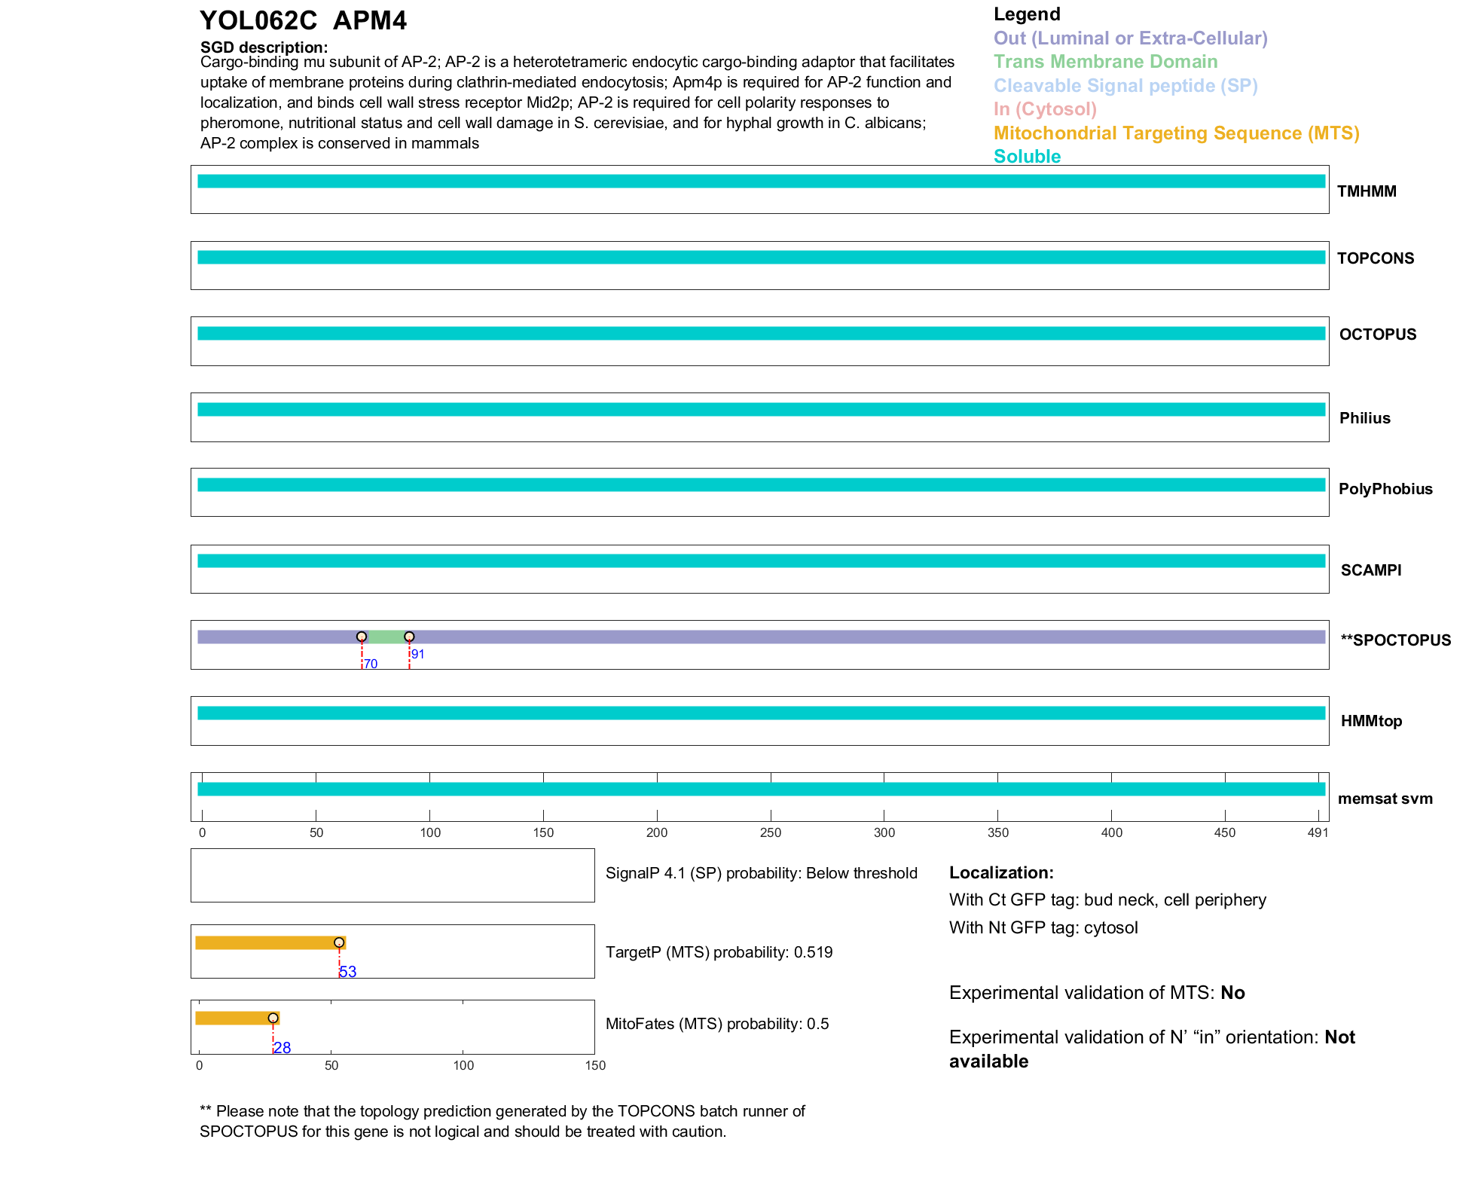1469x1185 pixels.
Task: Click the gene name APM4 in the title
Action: (x=369, y=21)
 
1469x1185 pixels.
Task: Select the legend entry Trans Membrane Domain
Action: (x=1105, y=62)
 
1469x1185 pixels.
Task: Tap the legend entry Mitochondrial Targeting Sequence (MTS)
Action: (x=1176, y=133)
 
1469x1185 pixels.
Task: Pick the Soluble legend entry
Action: (x=1027, y=157)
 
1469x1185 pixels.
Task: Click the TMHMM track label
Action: (x=1366, y=191)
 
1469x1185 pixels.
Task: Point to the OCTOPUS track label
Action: (x=1377, y=334)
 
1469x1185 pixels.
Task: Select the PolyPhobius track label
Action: (x=1385, y=489)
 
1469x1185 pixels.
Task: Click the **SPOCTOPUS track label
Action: (x=1395, y=640)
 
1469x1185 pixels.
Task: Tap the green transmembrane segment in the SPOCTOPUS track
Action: (x=385, y=637)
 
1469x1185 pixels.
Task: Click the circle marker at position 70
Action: (x=362, y=637)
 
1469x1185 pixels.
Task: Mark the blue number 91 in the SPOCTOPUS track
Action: (x=418, y=655)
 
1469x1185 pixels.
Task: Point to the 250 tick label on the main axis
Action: (x=771, y=832)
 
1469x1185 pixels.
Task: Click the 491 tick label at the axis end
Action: (x=1318, y=832)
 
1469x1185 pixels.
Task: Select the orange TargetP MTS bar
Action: (x=267, y=942)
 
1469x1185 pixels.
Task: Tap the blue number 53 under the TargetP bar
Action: (x=348, y=972)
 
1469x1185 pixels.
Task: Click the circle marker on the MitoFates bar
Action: (x=273, y=1018)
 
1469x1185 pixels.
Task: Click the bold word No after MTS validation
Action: (x=1232, y=993)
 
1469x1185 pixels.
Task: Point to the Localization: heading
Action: (x=1001, y=873)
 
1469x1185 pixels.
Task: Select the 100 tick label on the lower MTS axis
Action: (x=463, y=1065)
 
